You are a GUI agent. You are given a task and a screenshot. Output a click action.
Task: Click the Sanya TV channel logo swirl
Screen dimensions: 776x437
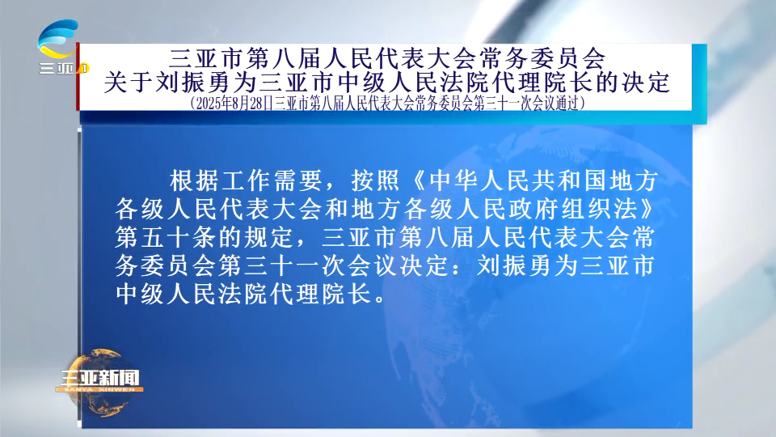58,39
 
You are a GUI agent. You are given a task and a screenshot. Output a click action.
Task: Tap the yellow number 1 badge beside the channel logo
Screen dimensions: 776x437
85,68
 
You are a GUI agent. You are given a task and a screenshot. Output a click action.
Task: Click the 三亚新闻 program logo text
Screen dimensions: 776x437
100,378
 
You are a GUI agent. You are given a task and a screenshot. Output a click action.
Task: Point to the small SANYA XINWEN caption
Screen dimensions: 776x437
99,389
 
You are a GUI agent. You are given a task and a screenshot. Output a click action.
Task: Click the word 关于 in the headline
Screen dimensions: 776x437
129,83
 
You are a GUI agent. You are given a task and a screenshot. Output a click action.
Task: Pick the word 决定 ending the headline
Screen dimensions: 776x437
646,83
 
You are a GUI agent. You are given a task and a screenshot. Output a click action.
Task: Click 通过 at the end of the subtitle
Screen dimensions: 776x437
566,103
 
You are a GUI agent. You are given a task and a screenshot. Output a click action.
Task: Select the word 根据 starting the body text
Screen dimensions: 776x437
193,180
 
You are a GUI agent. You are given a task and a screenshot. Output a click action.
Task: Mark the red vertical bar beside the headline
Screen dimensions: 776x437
78,76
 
